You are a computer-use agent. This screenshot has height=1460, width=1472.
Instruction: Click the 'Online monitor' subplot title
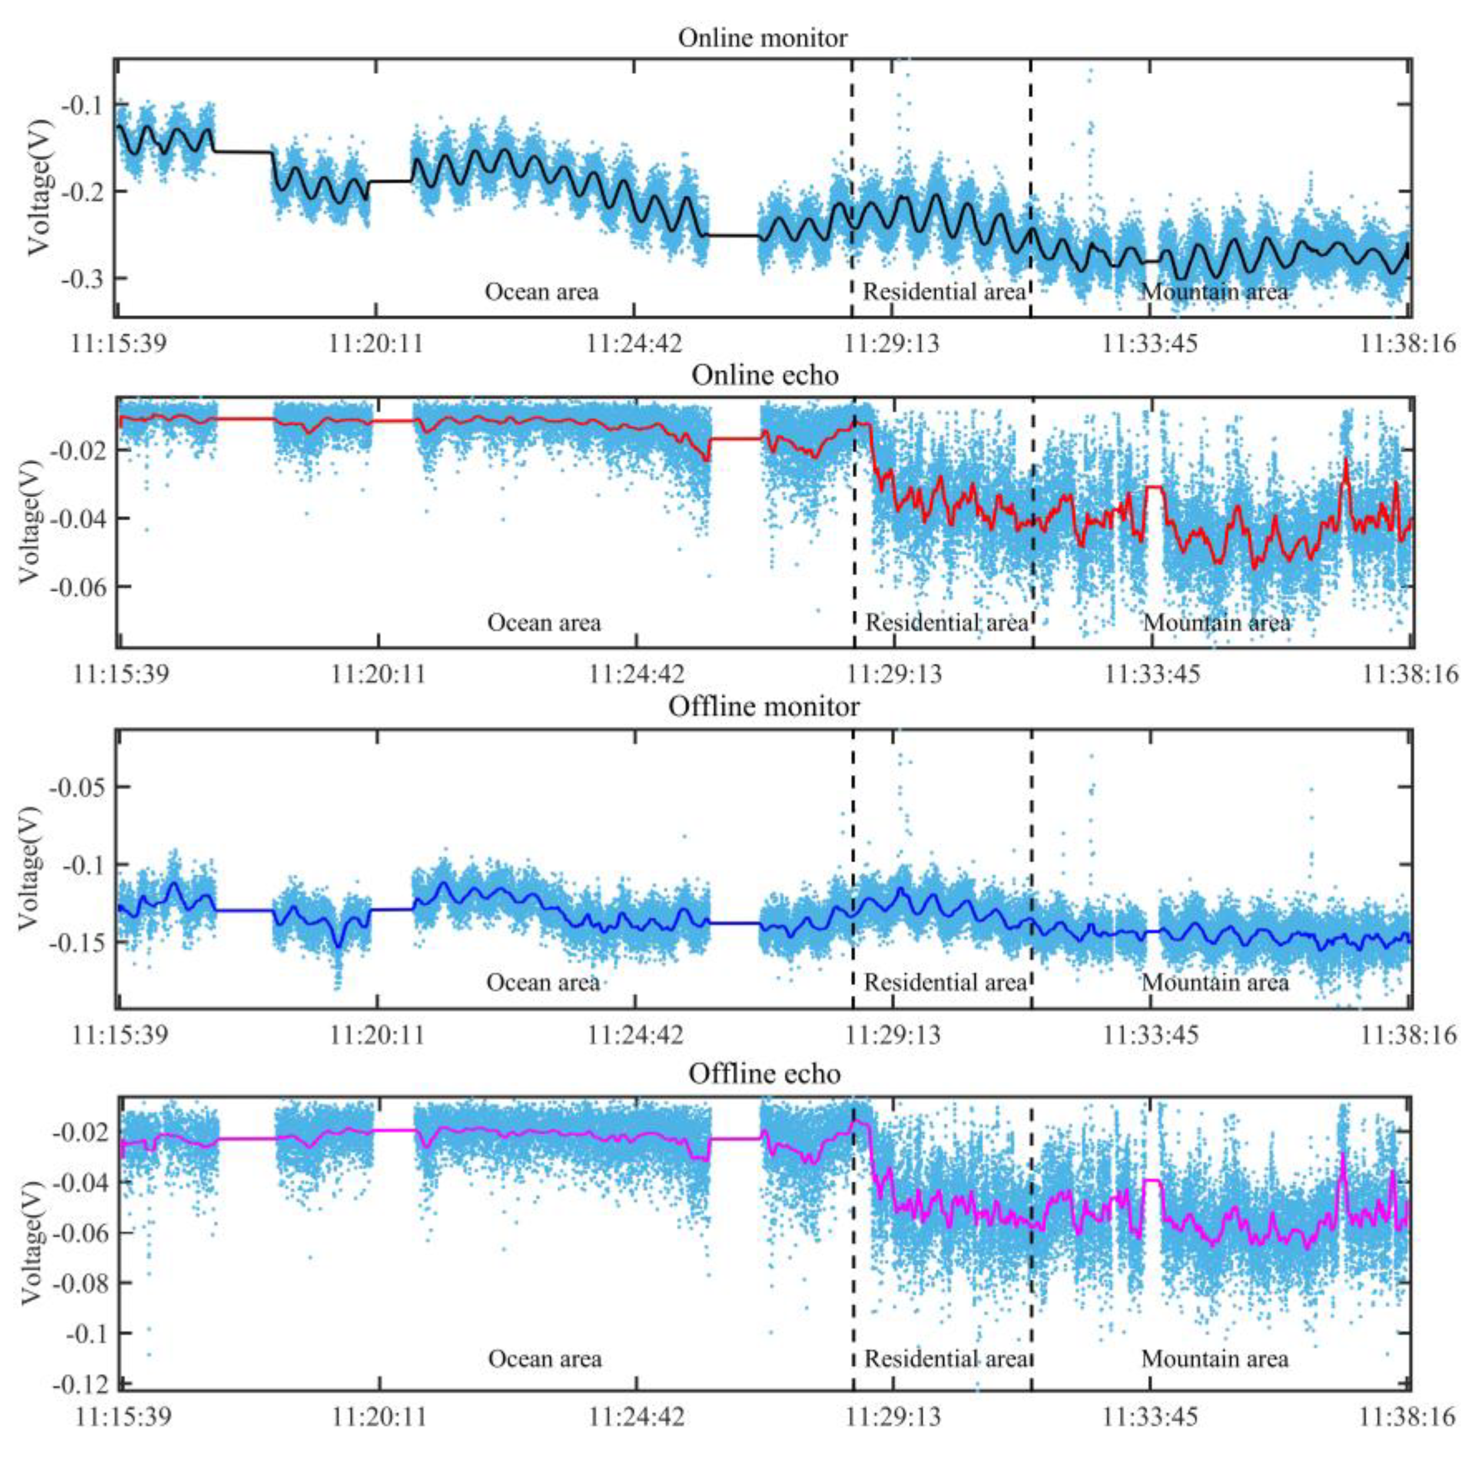coord(763,38)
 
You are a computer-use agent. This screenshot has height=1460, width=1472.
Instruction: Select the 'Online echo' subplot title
coord(765,375)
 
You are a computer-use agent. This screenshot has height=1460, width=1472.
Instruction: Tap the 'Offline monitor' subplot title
coord(764,706)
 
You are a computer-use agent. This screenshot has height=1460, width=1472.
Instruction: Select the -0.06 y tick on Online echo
coord(76,587)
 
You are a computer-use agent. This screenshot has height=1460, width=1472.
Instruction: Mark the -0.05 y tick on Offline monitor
coord(76,786)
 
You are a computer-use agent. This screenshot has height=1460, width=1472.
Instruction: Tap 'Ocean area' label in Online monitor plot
coord(542,292)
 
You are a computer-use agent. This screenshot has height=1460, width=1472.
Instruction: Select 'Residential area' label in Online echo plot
coord(946,623)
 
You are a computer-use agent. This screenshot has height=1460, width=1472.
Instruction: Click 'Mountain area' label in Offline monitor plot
coord(1214,983)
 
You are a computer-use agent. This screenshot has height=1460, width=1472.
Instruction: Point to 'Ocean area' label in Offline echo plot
coord(545,1359)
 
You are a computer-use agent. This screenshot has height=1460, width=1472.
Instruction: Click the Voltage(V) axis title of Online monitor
coord(40,187)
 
